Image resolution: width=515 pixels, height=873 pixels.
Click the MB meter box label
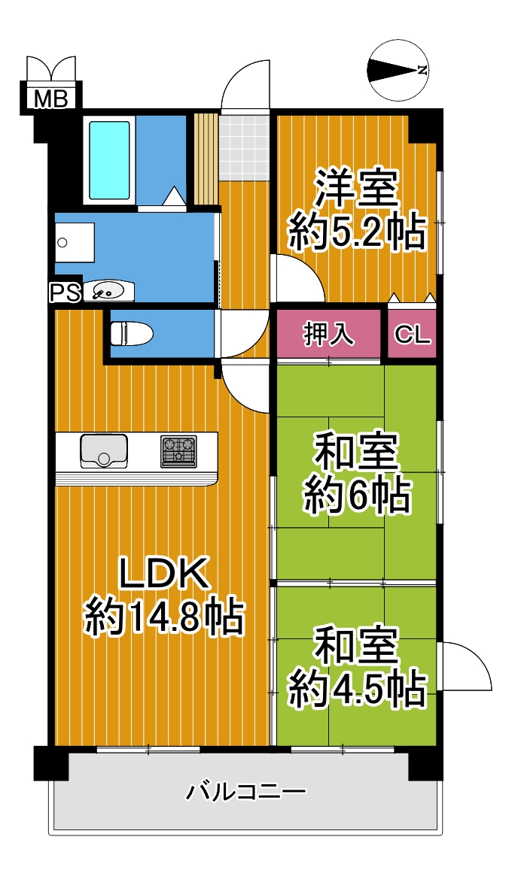tap(50, 99)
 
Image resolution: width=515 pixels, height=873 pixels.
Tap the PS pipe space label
tap(66, 293)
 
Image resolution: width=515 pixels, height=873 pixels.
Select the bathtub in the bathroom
tap(110, 160)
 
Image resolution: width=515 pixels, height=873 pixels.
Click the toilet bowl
tap(132, 334)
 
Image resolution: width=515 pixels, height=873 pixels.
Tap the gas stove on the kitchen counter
tap(179, 451)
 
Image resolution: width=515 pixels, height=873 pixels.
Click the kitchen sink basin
tap(104, 450)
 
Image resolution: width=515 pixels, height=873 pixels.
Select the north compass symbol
tap(399, 70)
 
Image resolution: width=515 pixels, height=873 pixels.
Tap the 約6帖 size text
tap(357, 496)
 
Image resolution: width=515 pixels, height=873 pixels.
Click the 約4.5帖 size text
tap(357, 690)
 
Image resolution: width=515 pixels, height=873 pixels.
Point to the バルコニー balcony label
tap(245, 791)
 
